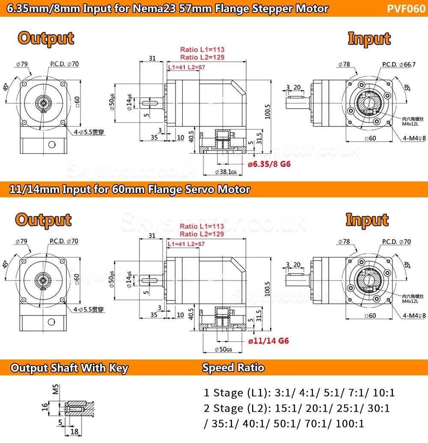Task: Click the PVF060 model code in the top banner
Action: click(406, 9)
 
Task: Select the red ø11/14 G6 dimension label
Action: click(268, 341)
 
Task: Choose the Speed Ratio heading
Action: click(233, 368)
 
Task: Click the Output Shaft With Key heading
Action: click(69, 368)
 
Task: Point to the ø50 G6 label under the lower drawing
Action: click(223, 350)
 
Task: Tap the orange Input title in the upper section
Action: click(369, 39)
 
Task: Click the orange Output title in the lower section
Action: click(43, 220)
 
